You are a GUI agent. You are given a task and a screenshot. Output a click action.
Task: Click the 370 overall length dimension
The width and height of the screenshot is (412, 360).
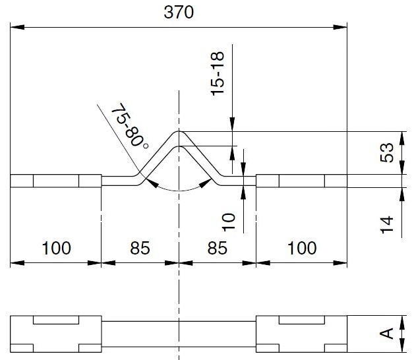click(x=179, y=12)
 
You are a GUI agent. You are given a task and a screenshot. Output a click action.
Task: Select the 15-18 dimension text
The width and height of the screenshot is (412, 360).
click(x=218, y=74)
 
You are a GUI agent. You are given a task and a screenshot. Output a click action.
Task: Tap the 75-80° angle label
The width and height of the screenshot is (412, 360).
click(x=129, y=125)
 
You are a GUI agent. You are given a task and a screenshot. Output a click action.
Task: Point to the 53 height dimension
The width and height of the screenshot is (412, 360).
click(x=387, y=153)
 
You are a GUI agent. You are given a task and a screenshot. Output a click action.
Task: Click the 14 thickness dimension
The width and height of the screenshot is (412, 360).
click(x=387, y=225)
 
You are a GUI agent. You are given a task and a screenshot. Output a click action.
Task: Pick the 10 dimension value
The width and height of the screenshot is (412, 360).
click(x=229, y=222)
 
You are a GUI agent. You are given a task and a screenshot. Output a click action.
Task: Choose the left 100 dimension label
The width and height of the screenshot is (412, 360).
click(x=56, y=248)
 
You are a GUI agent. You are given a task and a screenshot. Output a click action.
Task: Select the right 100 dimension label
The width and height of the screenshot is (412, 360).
click(x=302, y=248)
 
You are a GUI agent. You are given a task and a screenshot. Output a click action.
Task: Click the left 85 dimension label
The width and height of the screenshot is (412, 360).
click(x=140, y=248)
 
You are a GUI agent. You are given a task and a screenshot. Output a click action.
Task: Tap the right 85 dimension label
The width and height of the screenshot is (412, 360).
click(x=218, y=248)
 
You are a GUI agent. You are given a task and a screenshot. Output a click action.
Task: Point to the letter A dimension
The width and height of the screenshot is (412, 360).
click(x=387, y=334)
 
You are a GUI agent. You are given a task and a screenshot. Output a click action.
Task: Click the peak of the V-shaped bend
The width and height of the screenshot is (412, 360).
click(x=179, y=131)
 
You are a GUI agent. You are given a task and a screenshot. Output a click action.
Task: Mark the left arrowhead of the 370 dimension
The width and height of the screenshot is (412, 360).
click(x=17, y=27)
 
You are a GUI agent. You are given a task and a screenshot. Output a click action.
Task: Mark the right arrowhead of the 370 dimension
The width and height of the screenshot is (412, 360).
click(x=340, y=27)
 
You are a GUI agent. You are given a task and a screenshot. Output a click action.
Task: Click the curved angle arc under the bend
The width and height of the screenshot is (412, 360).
click(x=179, y=191)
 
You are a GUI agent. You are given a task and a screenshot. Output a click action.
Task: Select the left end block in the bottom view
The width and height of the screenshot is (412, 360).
click(x=56, y=334)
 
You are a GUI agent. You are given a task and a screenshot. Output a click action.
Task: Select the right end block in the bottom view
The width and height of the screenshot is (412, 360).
click(x=302, y=334)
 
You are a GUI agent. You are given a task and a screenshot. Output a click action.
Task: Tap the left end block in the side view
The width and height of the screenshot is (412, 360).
click(x=56, y=181)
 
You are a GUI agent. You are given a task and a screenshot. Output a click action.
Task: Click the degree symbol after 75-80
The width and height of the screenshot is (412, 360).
click(x=146, y=145)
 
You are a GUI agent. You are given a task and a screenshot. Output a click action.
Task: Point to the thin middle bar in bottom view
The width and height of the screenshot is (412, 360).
click(x=179, y=334)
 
